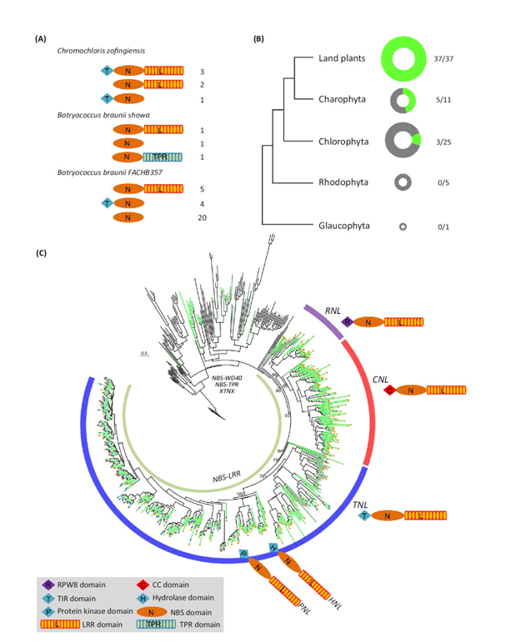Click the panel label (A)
39,38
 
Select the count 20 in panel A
203,217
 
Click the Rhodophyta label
343,182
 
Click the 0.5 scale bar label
145,353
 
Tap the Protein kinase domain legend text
90,611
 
